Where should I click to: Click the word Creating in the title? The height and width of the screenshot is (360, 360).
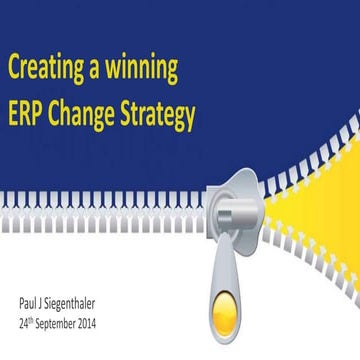49,70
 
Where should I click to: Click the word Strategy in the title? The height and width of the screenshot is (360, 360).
159,117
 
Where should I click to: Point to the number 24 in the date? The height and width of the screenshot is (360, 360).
23,325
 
